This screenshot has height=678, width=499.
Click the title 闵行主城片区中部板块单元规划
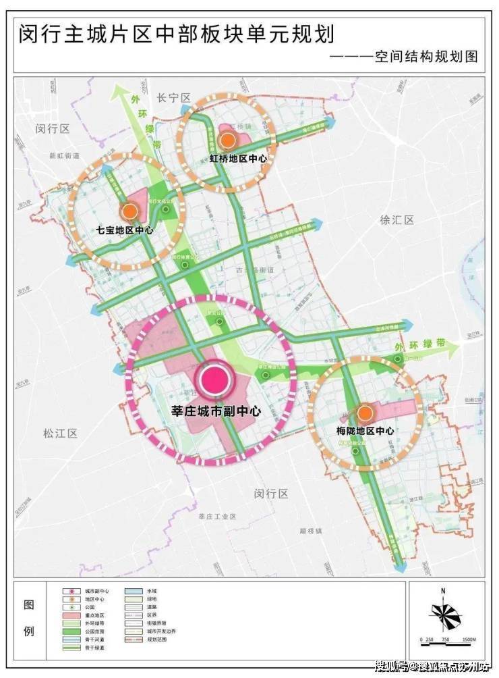pos(177,32)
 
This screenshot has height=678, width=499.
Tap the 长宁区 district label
pos(174,99)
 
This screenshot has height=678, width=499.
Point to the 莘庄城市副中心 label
pos(213,409)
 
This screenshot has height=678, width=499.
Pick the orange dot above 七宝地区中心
pos(129,211)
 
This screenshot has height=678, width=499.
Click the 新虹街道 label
pos(64,155)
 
